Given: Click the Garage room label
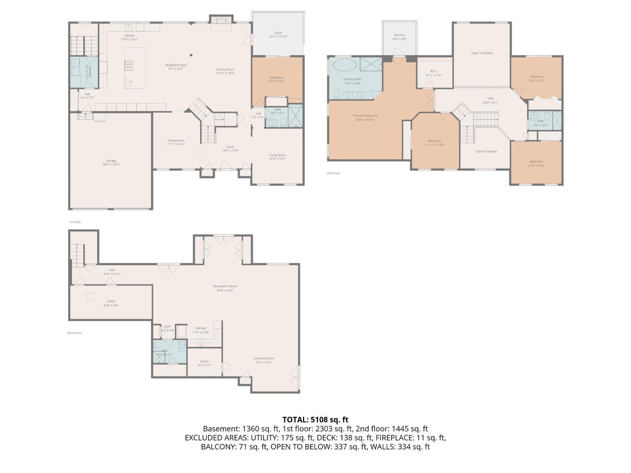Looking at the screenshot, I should pyautogui.click(x=111, y=162).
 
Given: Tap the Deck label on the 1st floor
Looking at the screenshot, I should pyautogui.click(x=278, y=34).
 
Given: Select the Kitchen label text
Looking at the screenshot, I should pyautogui.click(x=129, y=37).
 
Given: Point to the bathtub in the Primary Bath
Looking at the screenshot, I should pyautogui.click(x=345, y=65).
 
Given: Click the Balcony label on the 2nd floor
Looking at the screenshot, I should pyautogui.click(x=399, y=37).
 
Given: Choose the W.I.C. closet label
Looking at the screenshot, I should pyautogui.click(x=434, y=73).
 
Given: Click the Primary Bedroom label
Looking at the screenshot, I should pyautogui.click(x=365, y=117).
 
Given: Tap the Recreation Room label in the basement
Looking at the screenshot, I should pyautogui.click(x=225, y=288).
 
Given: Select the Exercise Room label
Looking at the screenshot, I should pyautogui.click(x=264, y=360).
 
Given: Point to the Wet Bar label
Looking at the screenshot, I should pyautogui.click(x=201, y=330).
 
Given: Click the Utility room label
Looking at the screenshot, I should pyautogui.click(x=111, y=303).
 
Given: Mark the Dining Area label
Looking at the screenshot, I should pyautogui.click(x=175, y=142).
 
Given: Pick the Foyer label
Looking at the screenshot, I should pyautogui.click(x=230, y=148).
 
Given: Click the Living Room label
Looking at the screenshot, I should pyautogui.click(x=277, y=157).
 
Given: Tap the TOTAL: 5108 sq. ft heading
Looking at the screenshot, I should pyautogui.click(x=315, y=419).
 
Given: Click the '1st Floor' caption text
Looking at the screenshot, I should pyautogui.click(x=75, y=222).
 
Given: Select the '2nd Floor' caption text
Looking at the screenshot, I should pyautogui.click(x=333, y=173).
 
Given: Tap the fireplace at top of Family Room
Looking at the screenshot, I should pyautogui.click(x=221, y=21).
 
